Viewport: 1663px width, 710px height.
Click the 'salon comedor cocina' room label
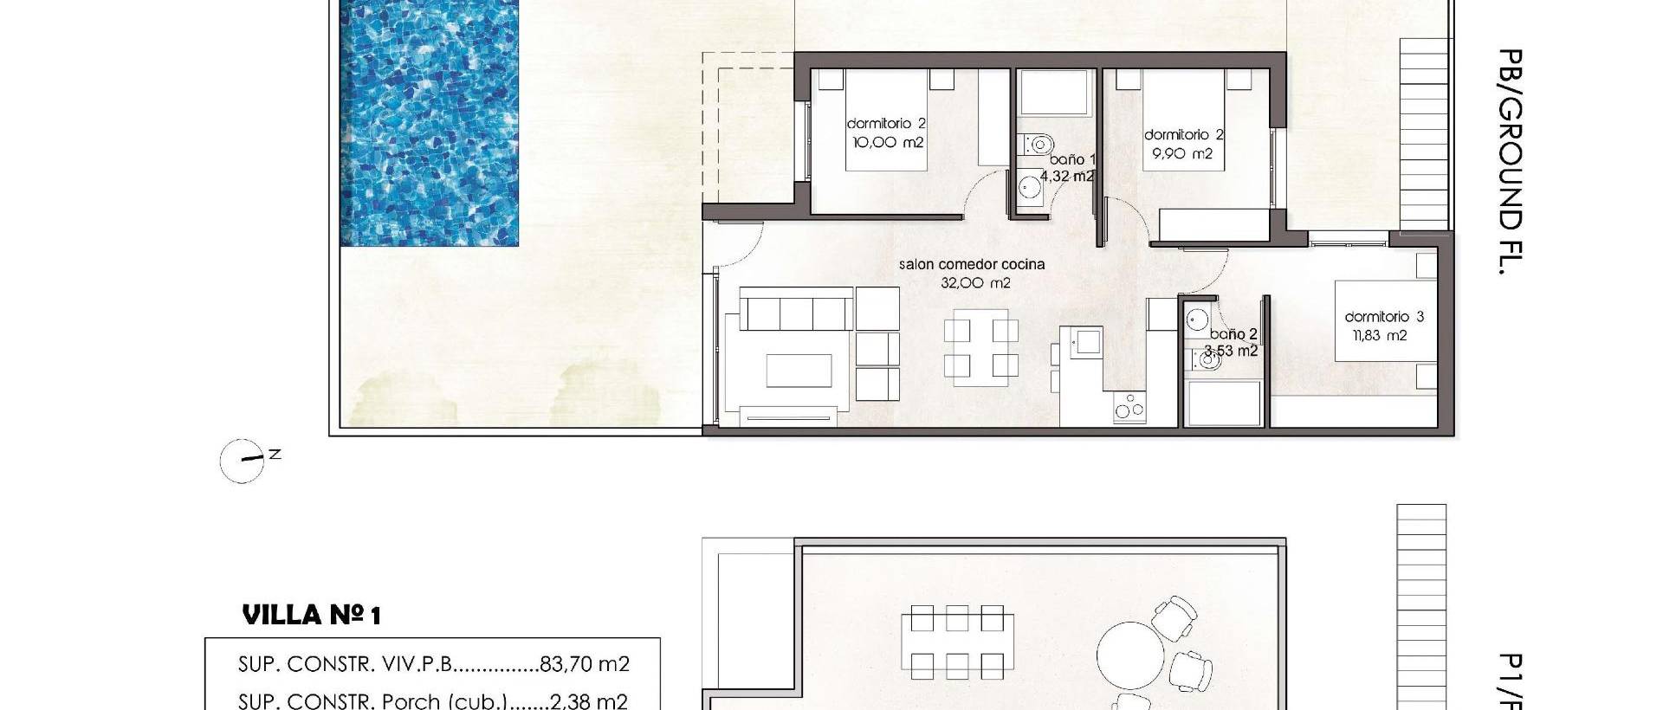[972, 264]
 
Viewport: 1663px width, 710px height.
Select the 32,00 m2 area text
[975, 283]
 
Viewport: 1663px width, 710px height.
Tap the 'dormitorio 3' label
[1383, 317]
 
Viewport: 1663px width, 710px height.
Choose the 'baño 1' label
[1072, 159]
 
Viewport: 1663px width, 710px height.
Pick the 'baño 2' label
[1233, 334]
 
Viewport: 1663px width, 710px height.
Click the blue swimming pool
[430, 121]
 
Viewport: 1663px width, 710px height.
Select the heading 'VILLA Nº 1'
[312, 616]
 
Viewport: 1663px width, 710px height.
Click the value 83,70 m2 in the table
[584, 664]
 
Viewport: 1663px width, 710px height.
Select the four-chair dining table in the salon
[980, 352]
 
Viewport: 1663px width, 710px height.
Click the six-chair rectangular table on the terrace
[957, 642]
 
